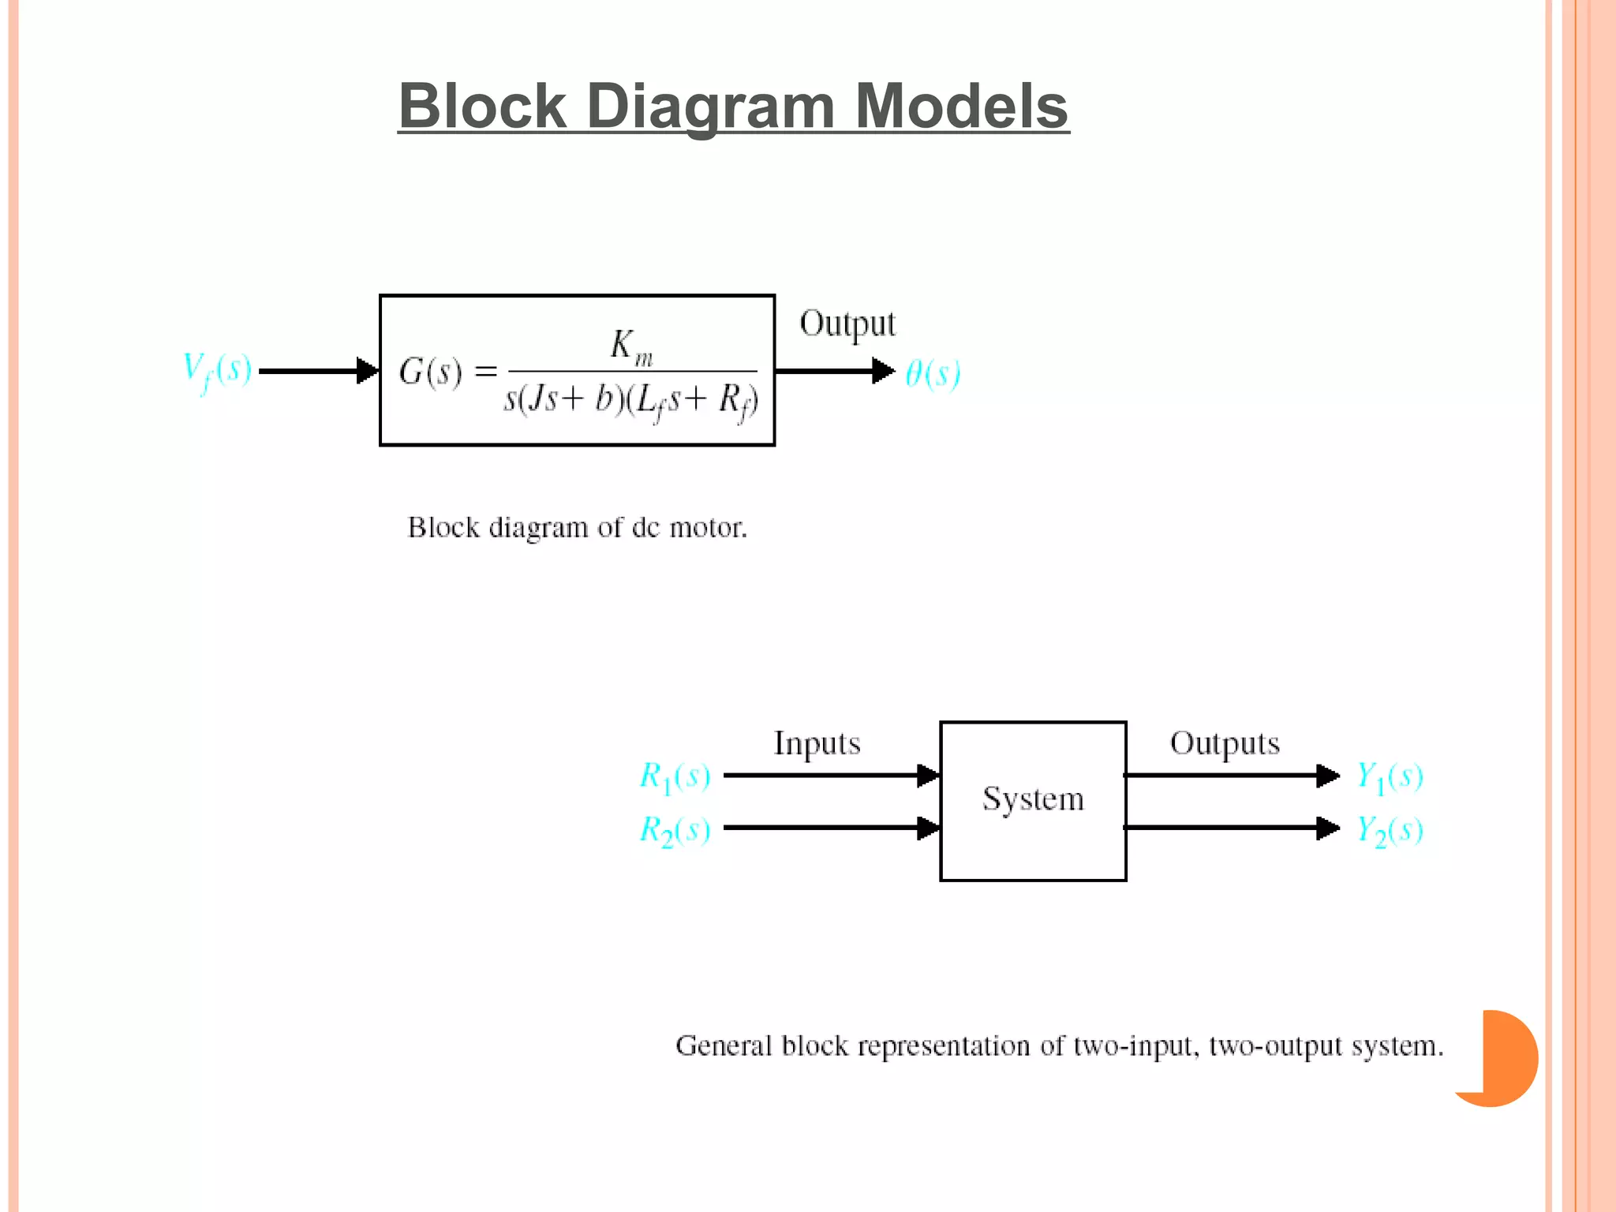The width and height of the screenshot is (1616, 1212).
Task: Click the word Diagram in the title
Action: point(710,107)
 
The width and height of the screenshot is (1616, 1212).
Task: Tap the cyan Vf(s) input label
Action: point(217,370)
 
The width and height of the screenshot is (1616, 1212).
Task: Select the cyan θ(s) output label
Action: point(932,372)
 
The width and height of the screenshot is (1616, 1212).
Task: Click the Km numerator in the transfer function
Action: point(631,346)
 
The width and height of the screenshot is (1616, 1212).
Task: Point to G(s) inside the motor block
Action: point(430,371)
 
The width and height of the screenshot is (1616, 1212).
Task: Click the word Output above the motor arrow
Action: point(847,324)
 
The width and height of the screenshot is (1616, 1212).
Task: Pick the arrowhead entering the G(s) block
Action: point(368,370)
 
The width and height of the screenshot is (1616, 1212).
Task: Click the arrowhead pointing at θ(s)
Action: point(883,370)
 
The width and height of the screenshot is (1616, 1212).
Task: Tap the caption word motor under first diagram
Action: point(707,527)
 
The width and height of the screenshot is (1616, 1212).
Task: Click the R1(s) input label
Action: point(675,776)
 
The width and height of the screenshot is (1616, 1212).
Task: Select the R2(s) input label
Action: point(675,830)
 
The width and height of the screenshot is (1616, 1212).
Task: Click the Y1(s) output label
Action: point(1390,776)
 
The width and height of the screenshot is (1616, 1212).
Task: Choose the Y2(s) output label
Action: point(1390,830)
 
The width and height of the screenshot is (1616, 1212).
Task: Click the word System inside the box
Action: point(1033,799)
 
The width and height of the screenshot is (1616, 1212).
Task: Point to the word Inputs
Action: point(817,743)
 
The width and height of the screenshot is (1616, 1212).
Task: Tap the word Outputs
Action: point(1225,743)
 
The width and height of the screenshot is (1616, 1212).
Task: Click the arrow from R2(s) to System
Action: point(829,828)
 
